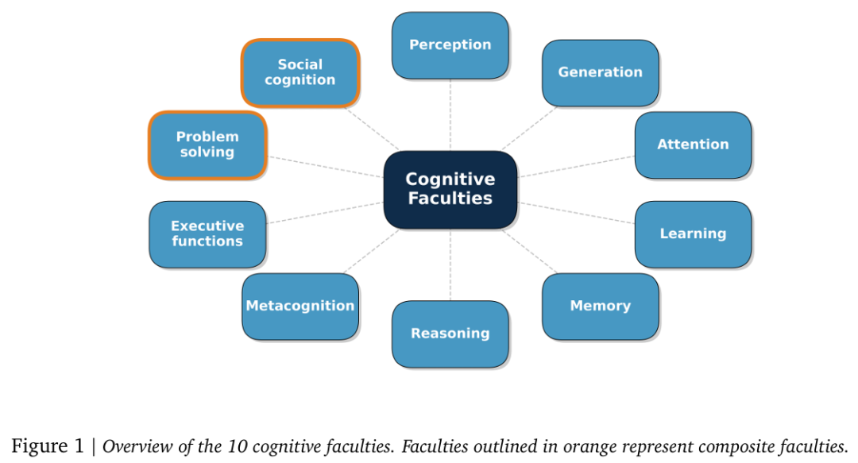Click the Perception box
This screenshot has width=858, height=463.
[x=450, y=45]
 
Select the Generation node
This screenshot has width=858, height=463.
[x=600, y=72]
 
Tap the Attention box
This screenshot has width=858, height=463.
[x=693, y=145]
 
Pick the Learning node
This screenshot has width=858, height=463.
[x=693, y=234]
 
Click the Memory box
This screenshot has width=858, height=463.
[x=600, y=307]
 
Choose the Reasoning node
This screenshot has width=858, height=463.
[x=450, y=334]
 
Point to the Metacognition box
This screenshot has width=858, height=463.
[x=300, y=307]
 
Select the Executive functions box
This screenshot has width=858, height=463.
[x=207, y=234]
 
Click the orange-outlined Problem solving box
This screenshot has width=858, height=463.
[x=207, y=145]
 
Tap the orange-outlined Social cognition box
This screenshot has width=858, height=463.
[x=300, y=72]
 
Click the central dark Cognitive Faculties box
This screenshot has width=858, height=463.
[x=450, y=190]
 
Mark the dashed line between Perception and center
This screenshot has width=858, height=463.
[x=450, y=115]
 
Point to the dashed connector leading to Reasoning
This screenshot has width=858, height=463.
[x=450, y=265]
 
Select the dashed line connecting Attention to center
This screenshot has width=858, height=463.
[x=576, y=166]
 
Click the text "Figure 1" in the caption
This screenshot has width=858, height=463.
[x=48, y=446]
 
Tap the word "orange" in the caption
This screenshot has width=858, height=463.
[x=591, y=446]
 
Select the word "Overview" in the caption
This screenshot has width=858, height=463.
[x=133, y=446]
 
